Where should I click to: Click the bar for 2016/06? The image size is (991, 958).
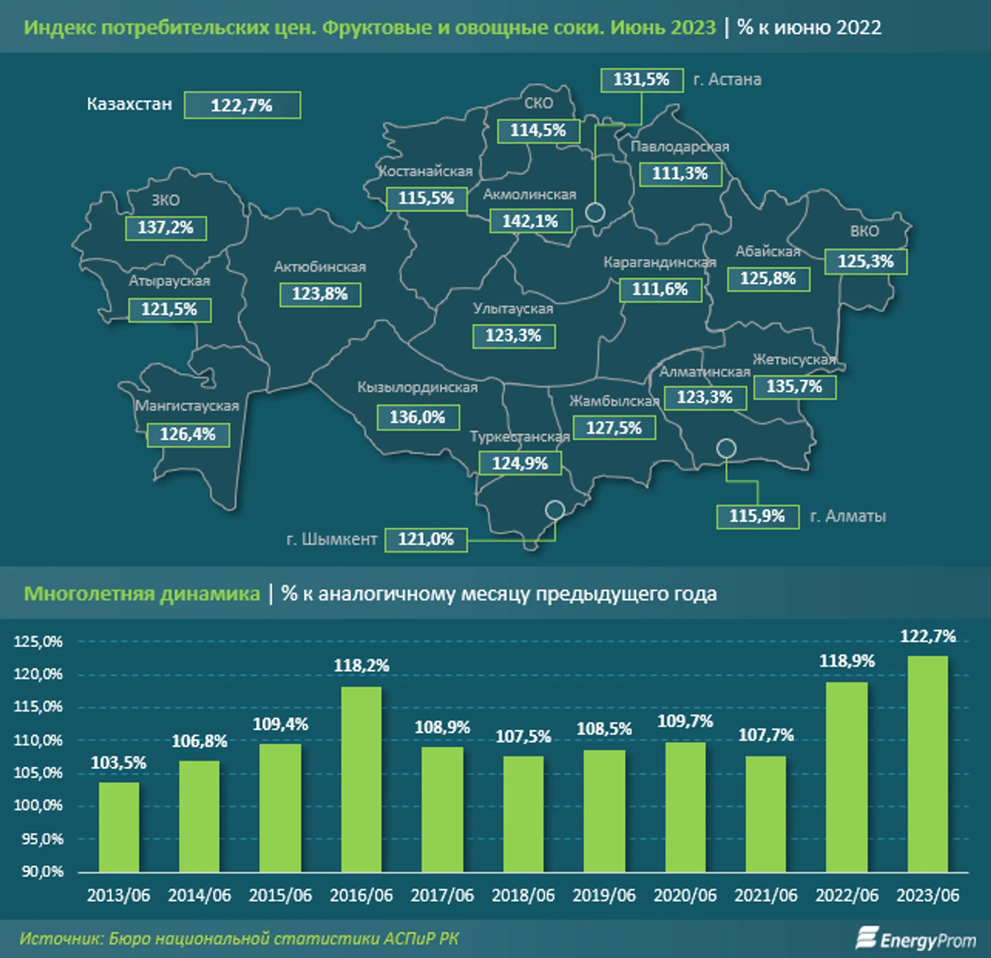pyautogui.click(x=361, y=779)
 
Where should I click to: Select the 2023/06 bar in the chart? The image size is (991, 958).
pyautogui.click(x=928, y=764)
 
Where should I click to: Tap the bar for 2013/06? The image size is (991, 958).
pyautogui.click(x=119, y=827)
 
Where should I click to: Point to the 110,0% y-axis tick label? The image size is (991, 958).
pyautogui.click(x=39, y=740)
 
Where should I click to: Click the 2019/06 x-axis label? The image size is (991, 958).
pyautogui.click(x=604, y=895)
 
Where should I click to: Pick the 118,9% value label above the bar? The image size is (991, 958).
pyautogui.click(x=847, y=660)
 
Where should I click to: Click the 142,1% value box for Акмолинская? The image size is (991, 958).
pyautogui.click(x=531, y=222)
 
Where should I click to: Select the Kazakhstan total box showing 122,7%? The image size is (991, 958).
pyautogui.click(x=242, y=105)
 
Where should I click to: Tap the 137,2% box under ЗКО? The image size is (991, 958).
pyautogui.click(x=166, y=228)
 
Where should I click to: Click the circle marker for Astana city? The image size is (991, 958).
pyautogui.click(x=595, y=212)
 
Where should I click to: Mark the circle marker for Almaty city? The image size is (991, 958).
pyautogui.click(x=727, y=448)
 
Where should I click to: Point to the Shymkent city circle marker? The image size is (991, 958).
pyautogui.click(x=555, y=510)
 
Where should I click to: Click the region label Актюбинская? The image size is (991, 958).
pyautogui.click(x=320, y=267)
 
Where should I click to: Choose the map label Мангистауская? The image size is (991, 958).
pyautogui.click(x=187, y=406)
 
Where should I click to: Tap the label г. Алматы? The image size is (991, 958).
pyautogui.click(x=848, y=516)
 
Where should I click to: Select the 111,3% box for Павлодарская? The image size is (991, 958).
pyautogui.click(x=680, y=174)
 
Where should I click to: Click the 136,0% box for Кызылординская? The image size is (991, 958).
pyautogui.click(x=418, y=417)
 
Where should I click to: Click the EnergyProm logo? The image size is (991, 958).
pyautogui.click(x=915, y=940)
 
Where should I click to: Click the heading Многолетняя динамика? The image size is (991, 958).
pyautogui.click(x=142, y=594)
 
